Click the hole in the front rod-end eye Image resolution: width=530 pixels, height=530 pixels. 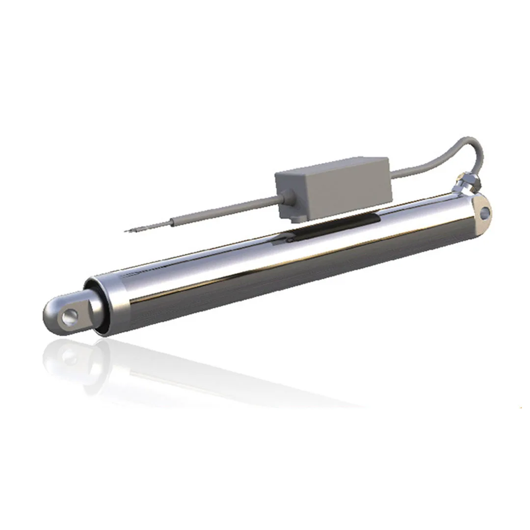click(x=68, y=317)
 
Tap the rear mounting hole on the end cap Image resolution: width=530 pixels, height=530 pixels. click(x=485, y=212)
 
